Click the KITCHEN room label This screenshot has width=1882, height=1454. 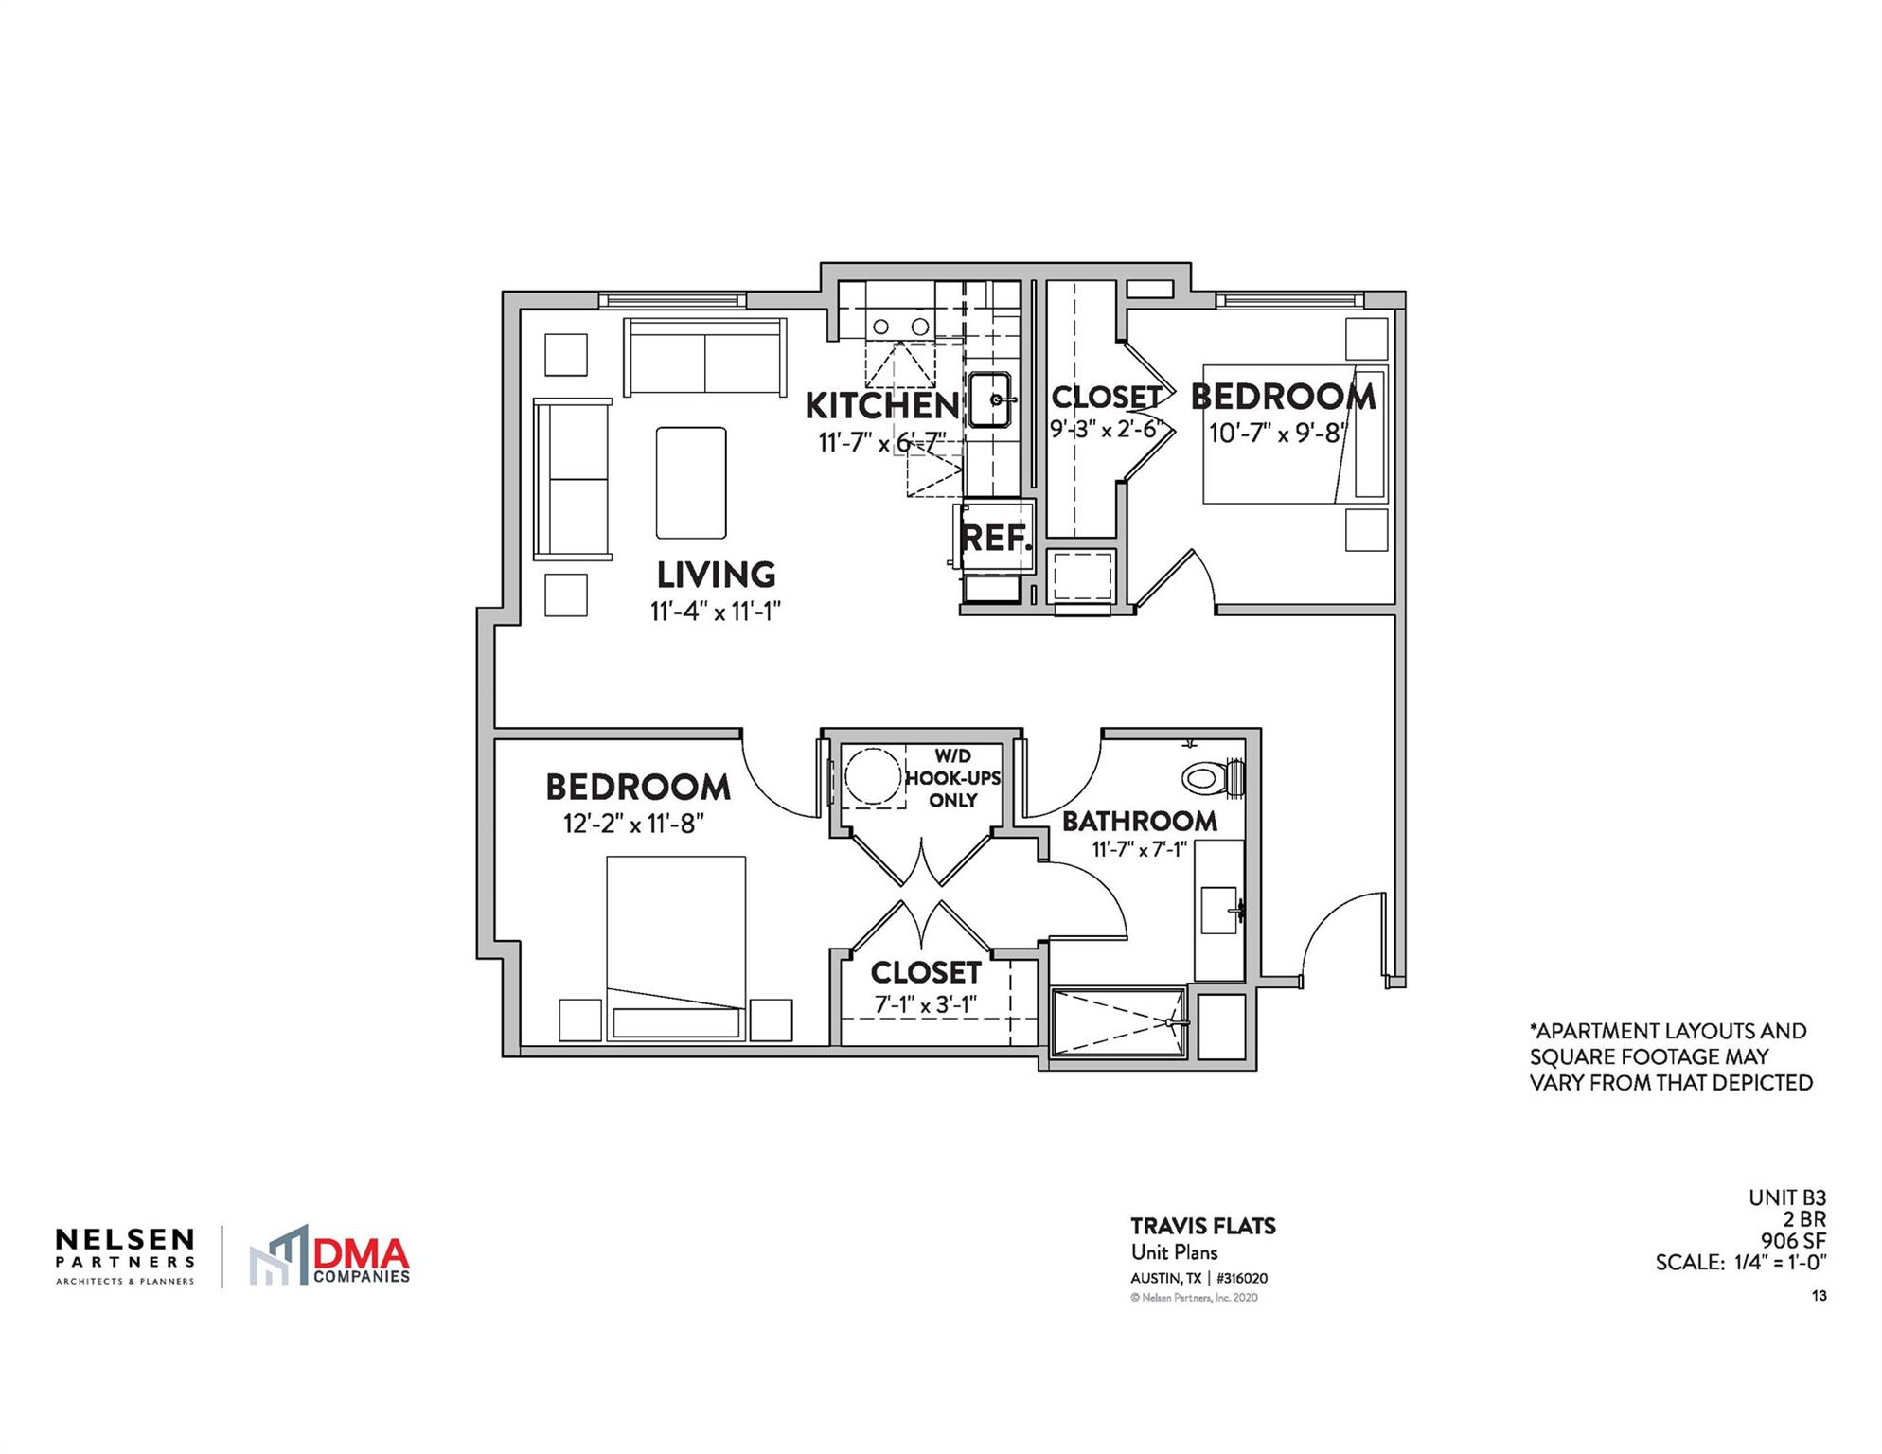(881, 406)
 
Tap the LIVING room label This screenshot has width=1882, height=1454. (716, 575)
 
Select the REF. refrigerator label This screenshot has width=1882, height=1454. (995, 539)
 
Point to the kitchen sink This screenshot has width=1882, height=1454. (990, 400)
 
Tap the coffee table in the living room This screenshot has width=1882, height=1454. (691, 483)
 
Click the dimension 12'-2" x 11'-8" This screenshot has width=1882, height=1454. (633, 824)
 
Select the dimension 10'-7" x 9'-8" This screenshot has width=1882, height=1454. (1277, 433)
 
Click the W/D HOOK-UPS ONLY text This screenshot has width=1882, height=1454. (952, 778)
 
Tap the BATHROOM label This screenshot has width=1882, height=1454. (1139, 821)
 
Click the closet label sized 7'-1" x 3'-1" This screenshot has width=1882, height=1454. (925, 972)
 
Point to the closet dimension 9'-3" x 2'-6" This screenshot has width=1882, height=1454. (1106, 428)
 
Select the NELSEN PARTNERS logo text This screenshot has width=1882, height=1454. (125, 1248)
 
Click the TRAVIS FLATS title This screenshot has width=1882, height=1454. (1202, 1226)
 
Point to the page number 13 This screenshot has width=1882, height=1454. (1819, 1296)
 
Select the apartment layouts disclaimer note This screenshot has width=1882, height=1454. (1671, 1056)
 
